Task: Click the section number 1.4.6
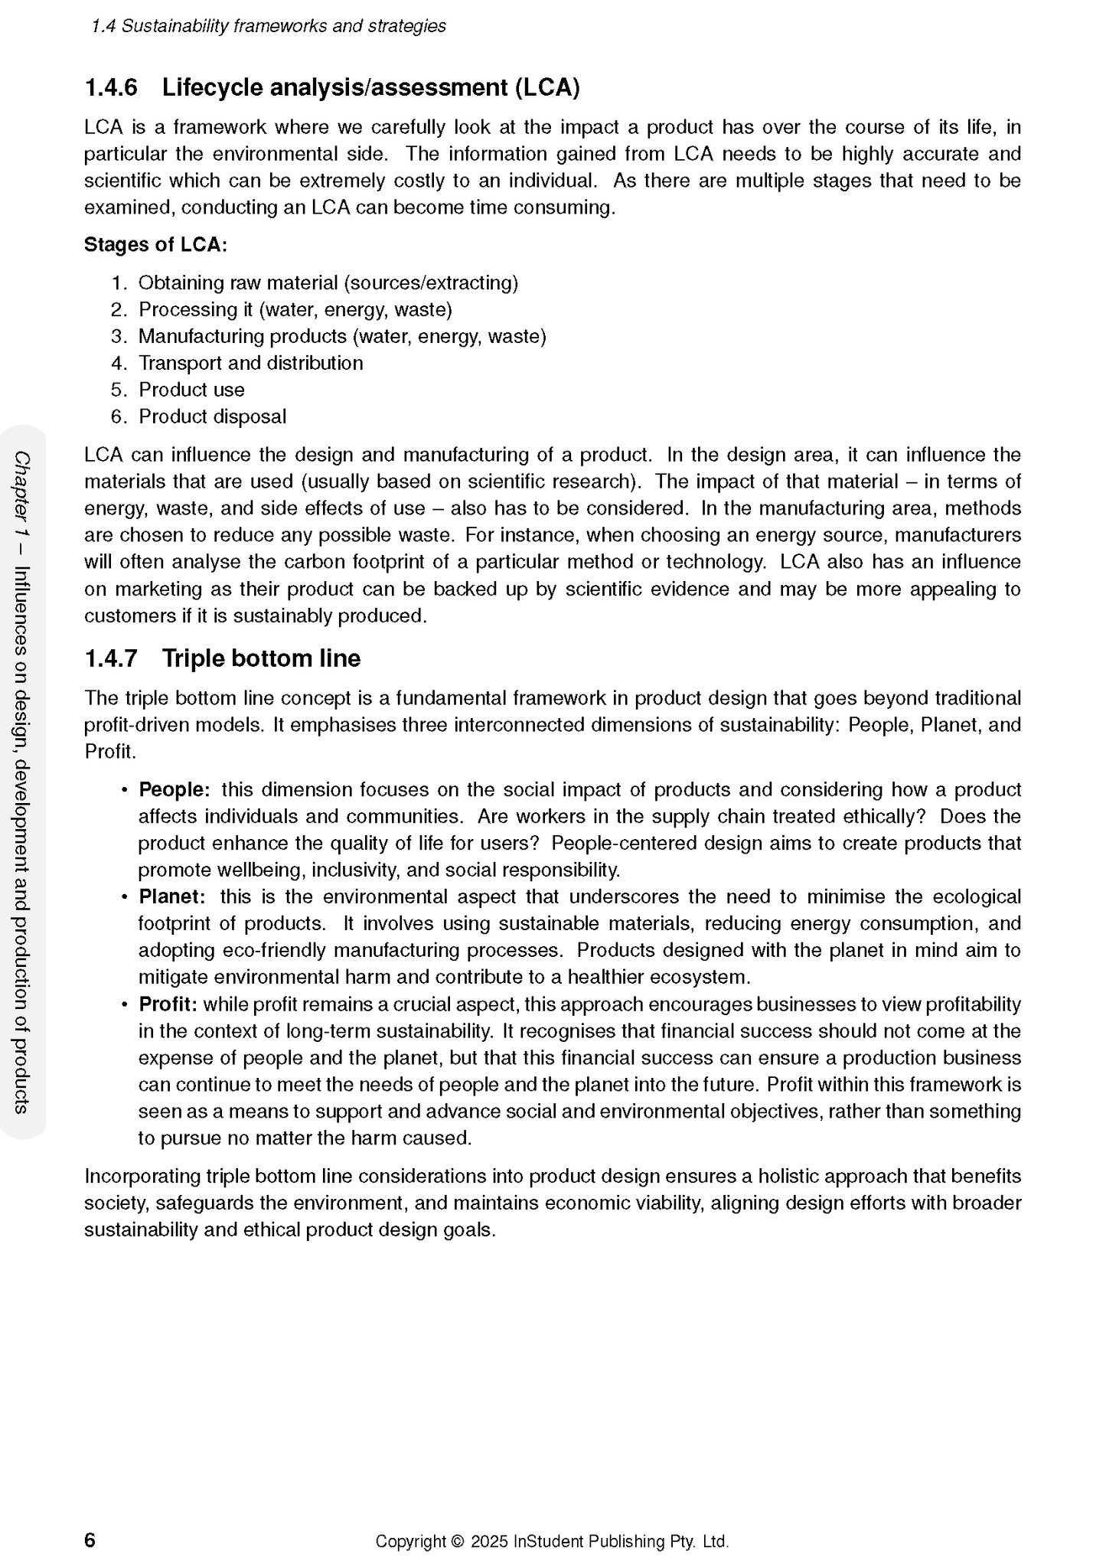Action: point(111,88)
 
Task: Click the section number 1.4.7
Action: point(111,658)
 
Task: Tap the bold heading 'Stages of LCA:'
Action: point(155,245)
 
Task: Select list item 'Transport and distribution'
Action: point(250,363)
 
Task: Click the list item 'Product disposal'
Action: point(212,416)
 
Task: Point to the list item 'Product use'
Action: point(191,390)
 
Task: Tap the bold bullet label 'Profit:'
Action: point(168,1004)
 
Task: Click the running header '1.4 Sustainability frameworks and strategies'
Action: point(268,26)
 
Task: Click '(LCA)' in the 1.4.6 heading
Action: point(546,88)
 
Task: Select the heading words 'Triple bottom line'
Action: point(261,658)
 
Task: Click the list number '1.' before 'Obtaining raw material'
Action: point(119,283)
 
